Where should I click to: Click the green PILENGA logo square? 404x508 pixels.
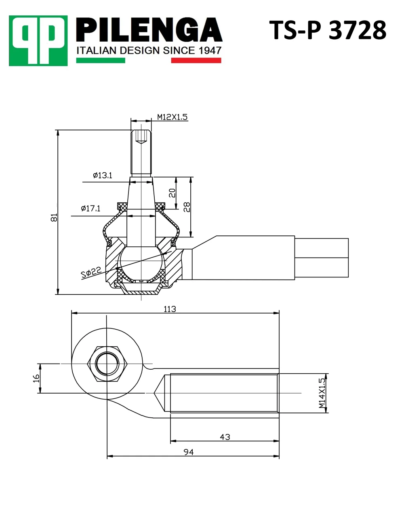coord(38,40)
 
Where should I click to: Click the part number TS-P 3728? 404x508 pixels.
coord(328,30)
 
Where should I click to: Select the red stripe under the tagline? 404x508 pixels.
coord(196,60)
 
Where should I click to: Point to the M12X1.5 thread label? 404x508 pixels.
coord(172,117)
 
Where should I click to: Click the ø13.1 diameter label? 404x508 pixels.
coord(103,176)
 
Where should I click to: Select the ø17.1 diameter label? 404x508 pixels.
coord(90,208)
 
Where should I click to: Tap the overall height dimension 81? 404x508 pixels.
coord(54,218)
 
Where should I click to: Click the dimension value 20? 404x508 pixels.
coord(172,193)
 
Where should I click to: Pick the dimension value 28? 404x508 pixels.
coord(187,207)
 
